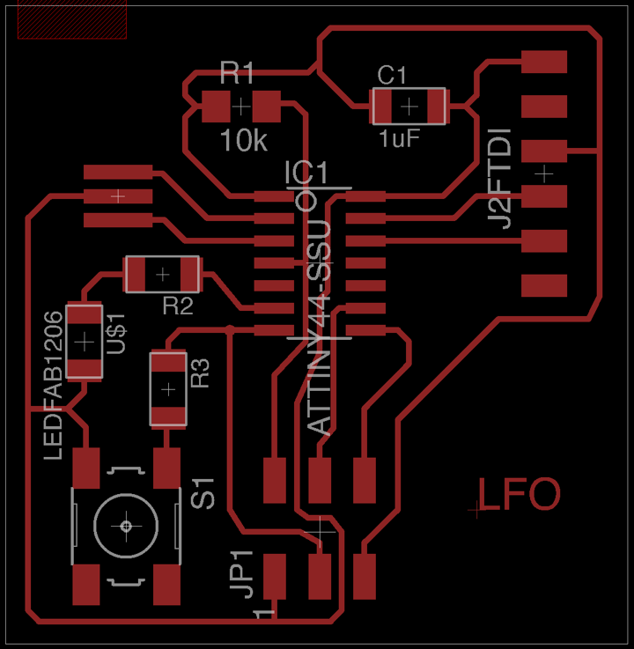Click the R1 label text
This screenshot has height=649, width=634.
coord(237,72)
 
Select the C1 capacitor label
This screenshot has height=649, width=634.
coord(392,76)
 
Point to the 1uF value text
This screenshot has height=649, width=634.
coord(399,139)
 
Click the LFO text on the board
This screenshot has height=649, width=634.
coord(519,495)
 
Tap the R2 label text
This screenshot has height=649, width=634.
coord(178,306)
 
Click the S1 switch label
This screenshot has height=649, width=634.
coord(204,493)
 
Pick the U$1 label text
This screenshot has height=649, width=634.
coord(116,334)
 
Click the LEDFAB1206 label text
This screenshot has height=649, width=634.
coord(53,384)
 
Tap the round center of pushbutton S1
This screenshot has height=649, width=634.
coord(126,526)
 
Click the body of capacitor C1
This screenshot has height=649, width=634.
coord(409,107)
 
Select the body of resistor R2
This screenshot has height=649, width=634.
coord(162,274)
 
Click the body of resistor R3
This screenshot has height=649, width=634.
coord(167,388)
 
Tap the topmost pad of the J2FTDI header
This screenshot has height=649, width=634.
coord(544,62)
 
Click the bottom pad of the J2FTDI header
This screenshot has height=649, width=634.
coord(544,285)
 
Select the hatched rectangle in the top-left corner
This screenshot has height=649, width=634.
coord(72,19)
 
